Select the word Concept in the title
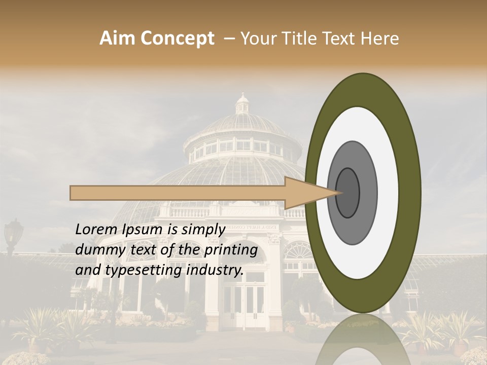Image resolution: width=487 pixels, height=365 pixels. pyautogui.click(x=178, y=39)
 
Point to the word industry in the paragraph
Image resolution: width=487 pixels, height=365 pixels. pyautogui.click(x=215, y=270)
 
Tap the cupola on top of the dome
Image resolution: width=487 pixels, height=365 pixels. pyautogui.click(x=242, y=104)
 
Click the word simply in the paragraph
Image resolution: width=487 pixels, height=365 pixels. pyautogui.click(x=203, y=230)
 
